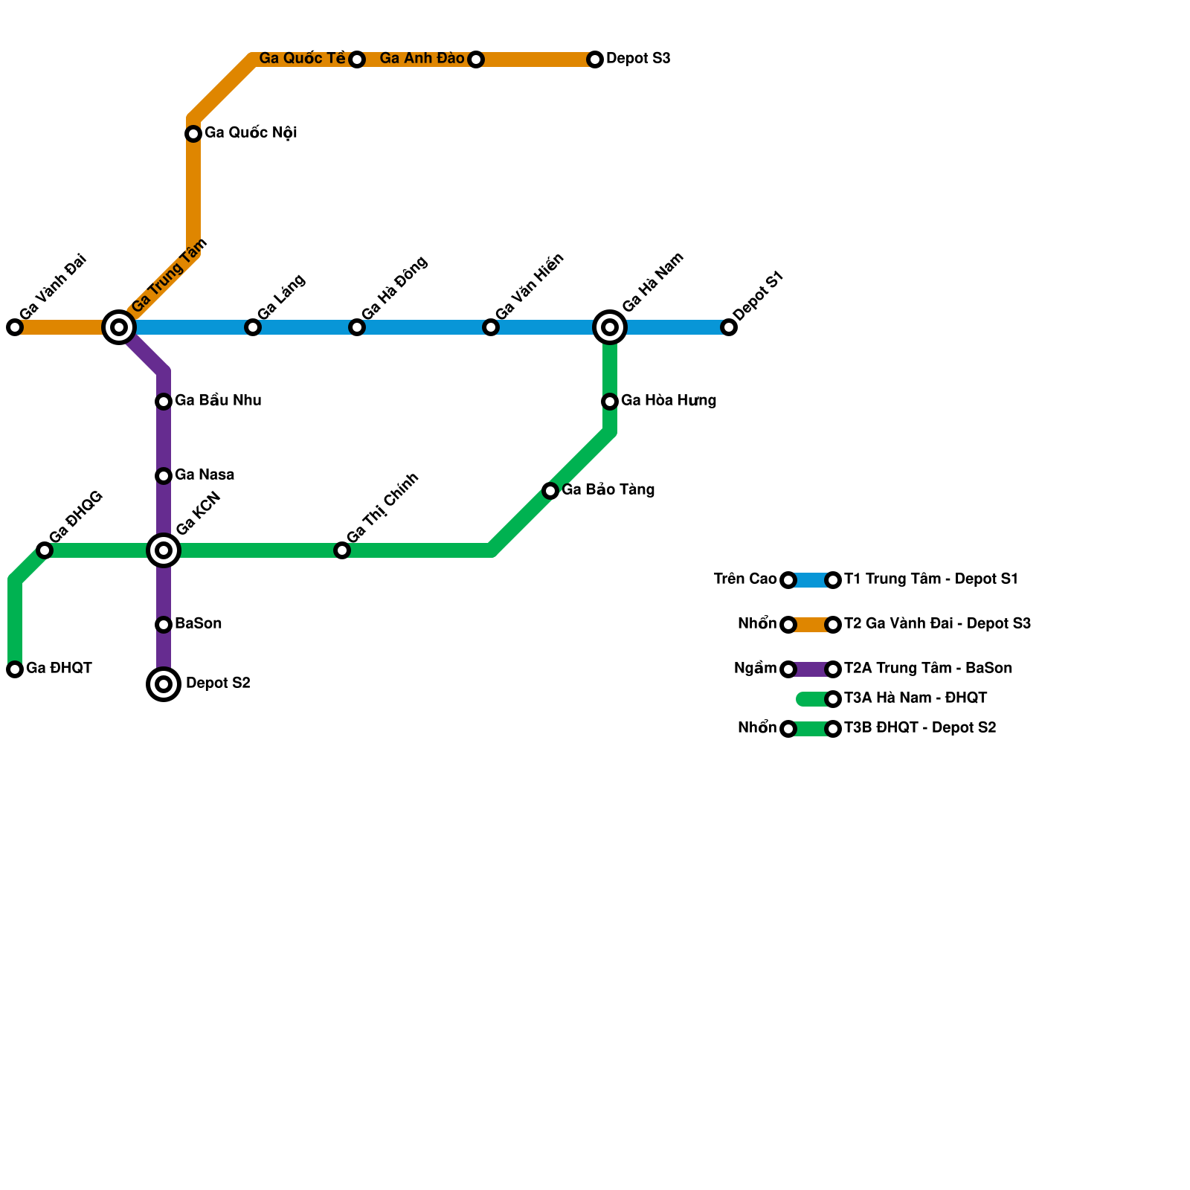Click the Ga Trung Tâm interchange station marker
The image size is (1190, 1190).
tap(119, 327)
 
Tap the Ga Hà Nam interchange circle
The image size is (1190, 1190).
tap(610, 327)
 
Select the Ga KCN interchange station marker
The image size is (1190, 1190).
tap(164, 550)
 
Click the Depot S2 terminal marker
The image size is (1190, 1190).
tap(164, 684)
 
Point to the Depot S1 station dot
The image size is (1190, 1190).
tap(729, 327)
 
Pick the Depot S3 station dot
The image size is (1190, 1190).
tap(595, 59)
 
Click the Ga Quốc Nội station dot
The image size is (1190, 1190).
tap(193, 134)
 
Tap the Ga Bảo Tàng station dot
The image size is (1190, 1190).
tap(550, 491)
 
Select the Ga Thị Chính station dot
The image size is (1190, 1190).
tap(342, 550)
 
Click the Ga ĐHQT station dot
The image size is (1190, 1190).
tap(15, 669)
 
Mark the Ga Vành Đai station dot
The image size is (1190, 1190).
tap(15, 327)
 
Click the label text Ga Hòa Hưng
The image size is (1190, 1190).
tap(668, 401)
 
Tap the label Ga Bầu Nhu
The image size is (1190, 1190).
tap(218, 401)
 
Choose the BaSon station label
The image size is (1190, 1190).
tap(198, 624)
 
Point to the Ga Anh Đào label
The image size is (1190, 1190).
tap(422, 59)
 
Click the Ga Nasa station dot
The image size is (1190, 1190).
tap(164, 476)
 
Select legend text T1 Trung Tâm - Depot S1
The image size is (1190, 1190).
tap(930, 579)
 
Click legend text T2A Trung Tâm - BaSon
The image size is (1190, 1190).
tap(927, 669)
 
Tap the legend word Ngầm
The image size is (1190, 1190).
tap(755, 669)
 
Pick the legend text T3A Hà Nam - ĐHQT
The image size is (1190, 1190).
tap(916, 698)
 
